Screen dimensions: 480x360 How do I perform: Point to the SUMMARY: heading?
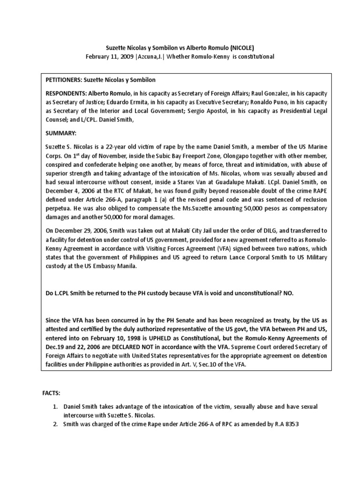pyautogui.click(x=59, y=133)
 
